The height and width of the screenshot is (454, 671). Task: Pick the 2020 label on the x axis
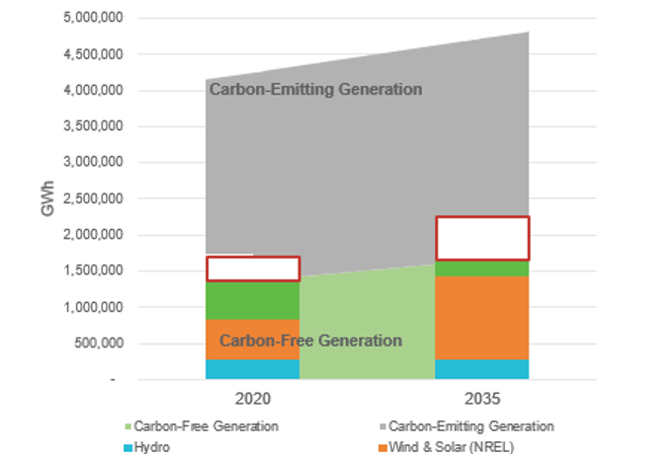tap(252, 402)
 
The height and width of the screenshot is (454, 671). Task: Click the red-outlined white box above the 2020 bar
tap(253, 268)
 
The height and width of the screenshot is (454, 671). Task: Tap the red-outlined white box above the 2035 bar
tap(483, 238)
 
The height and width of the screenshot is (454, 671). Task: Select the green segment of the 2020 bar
tap(253, 300)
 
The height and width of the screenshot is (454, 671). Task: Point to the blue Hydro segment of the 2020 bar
tap(253, 368)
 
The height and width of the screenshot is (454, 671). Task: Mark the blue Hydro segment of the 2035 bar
tap(483, 368)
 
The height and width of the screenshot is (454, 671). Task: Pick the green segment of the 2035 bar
tap(483, 268)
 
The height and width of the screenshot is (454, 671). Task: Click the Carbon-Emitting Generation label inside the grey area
tap(315, 90)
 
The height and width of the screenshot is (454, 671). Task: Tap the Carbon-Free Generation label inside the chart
tap(310, 341)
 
